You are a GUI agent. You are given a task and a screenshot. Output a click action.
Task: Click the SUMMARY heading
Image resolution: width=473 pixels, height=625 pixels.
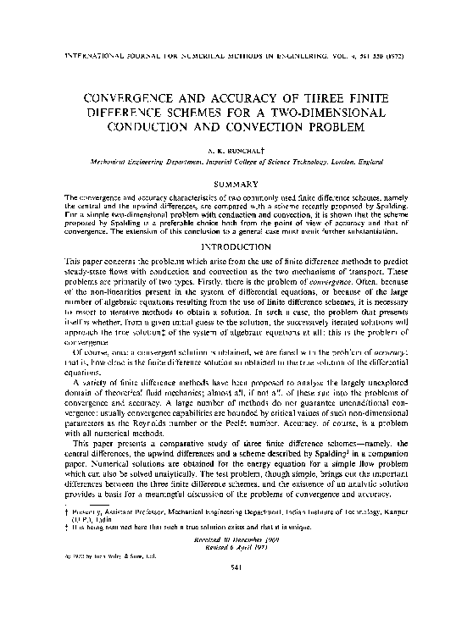(235, 182)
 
